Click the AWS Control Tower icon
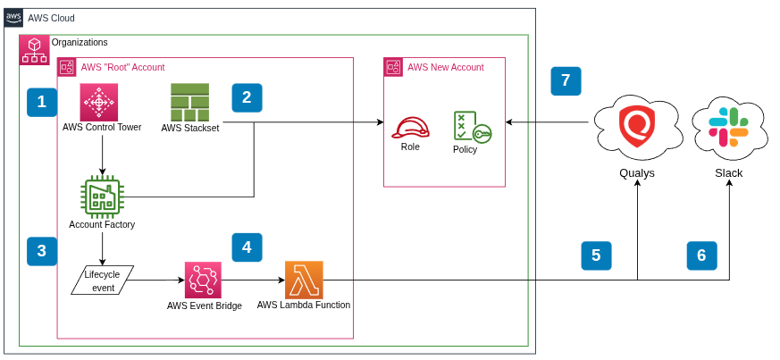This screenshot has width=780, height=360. pos(99,102)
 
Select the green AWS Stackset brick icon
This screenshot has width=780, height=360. pos(189,102)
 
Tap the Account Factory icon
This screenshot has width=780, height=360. pos(102,196)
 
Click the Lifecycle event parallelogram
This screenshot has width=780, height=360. pos(102,280)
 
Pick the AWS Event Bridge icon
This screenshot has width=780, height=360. pos(204,280)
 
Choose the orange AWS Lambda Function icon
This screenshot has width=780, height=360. pos(304,280)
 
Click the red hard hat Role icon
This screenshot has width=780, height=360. pos(410,127)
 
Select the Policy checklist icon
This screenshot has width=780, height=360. pos(471,127)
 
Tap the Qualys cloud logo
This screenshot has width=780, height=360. pos(638,128)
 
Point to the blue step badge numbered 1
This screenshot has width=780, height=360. pos(42,103)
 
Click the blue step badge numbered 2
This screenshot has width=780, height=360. pos(247,97)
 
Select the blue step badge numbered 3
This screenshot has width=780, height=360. pos(42,251)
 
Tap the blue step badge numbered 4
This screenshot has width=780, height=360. pos(247,247)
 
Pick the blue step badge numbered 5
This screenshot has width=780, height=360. pos(596,255)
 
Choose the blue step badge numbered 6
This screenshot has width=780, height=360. pos(701,255)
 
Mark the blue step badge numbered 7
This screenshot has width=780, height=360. pos(566,81)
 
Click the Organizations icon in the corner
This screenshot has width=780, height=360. pos(34,50)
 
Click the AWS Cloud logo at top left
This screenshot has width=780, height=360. pos(13,18)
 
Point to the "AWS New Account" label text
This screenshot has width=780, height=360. pos(445,67)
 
